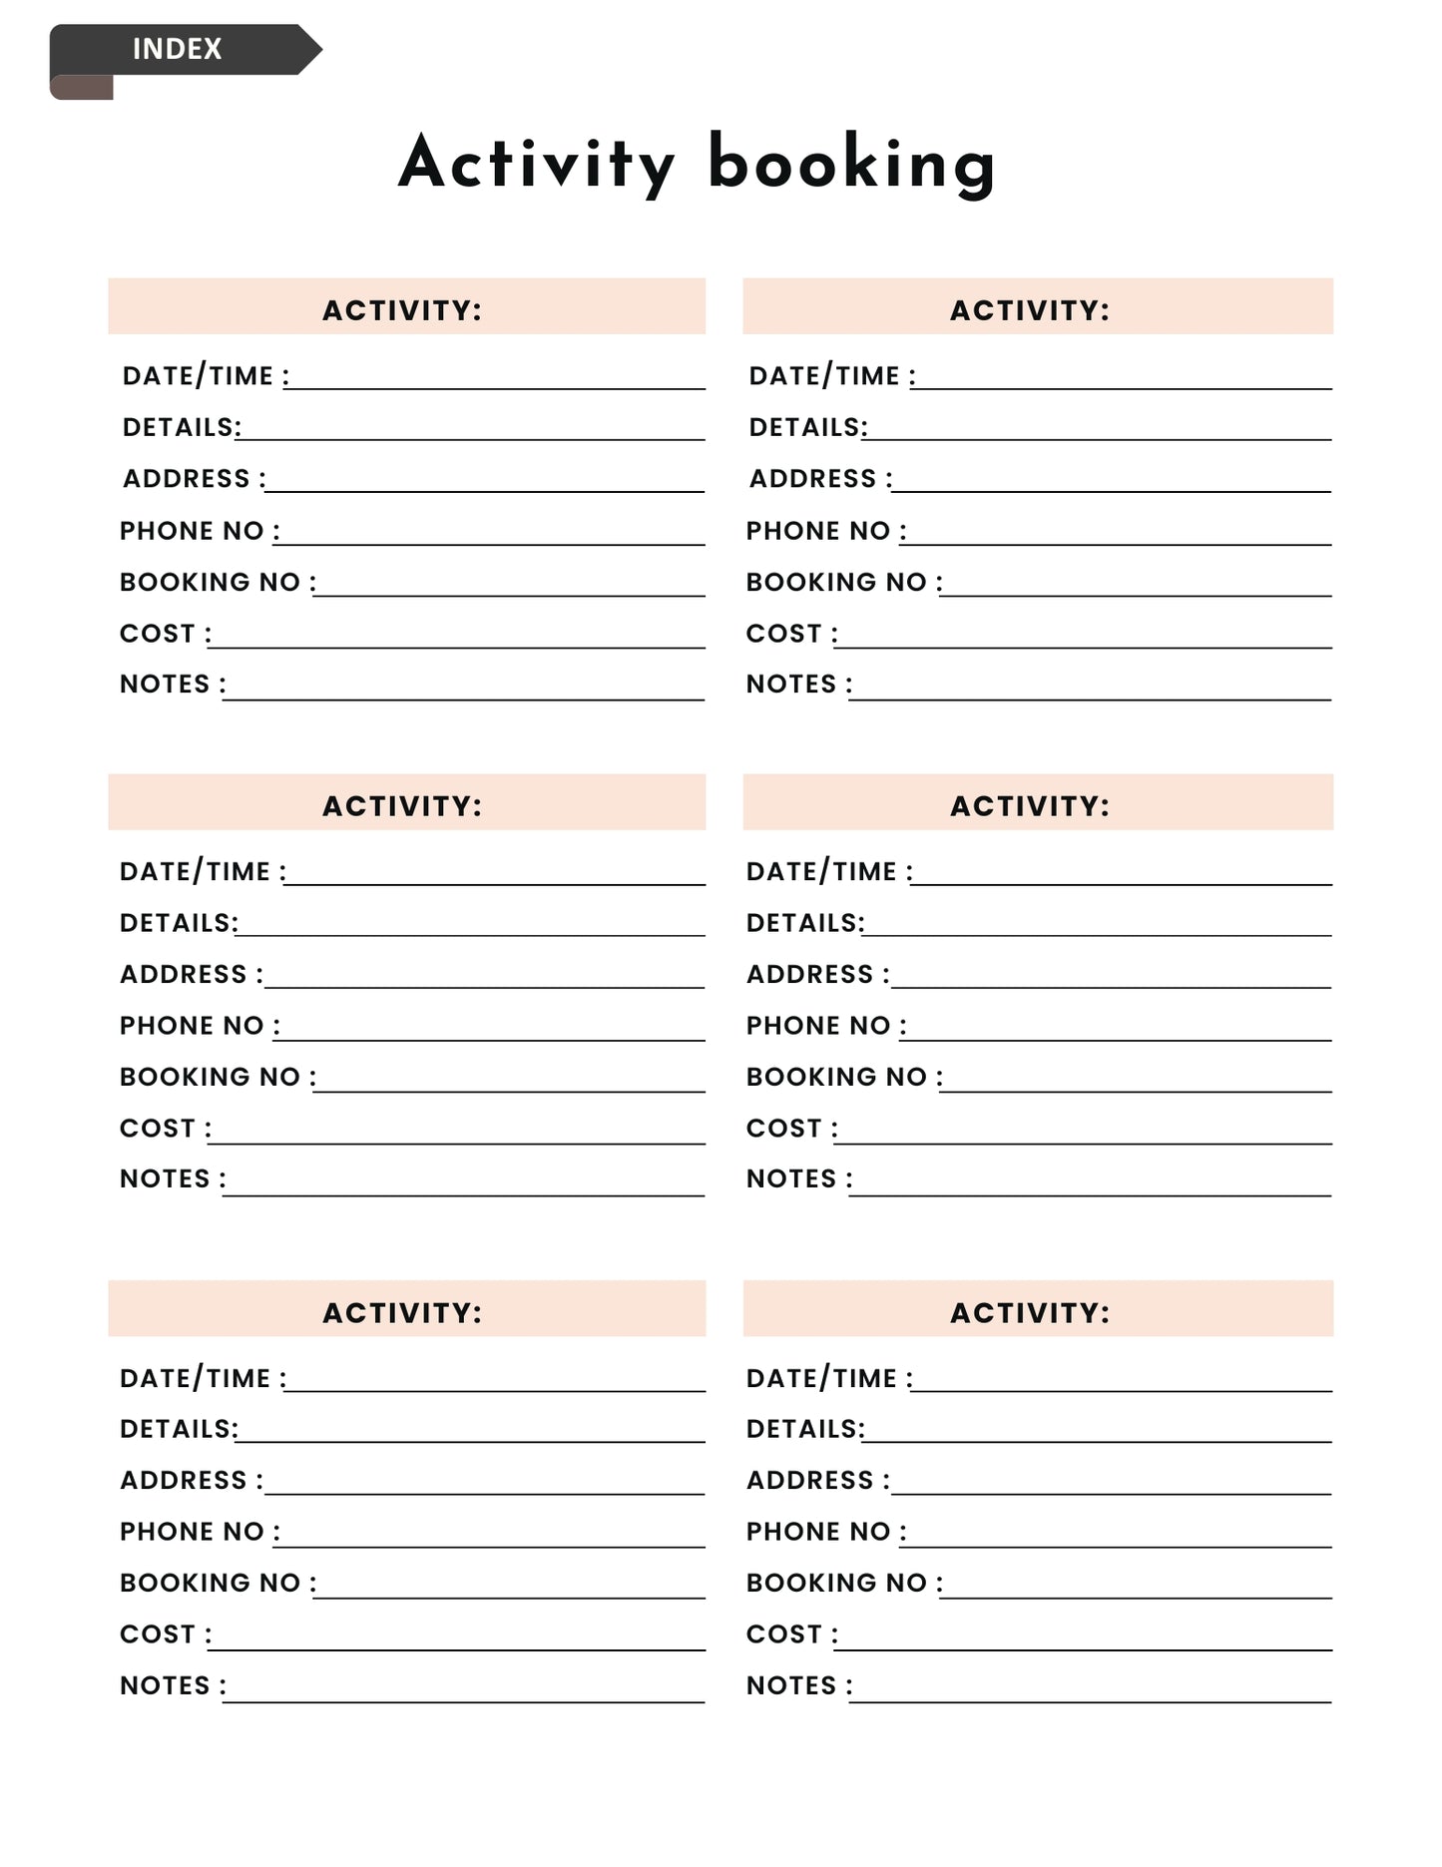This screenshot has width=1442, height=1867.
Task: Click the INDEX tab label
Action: [x=177, y=49]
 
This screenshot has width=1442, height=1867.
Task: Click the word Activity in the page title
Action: [x=536, y=164]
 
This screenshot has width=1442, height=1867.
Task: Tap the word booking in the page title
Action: [x=851, y=164]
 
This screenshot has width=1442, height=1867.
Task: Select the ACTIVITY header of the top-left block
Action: [x=402, y=310]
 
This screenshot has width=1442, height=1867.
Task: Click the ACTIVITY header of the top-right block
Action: [x=1029, y=310]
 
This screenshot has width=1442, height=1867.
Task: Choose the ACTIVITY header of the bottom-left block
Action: [x=402, y=1312]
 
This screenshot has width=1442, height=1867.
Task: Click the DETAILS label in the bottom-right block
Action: [x=804, y=1429]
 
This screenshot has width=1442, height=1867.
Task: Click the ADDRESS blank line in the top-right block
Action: [x=1112, y=489]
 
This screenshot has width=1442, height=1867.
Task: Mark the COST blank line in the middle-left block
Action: [x=457, y=1142]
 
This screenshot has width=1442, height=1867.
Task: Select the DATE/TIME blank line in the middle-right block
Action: [x=1122, y=883]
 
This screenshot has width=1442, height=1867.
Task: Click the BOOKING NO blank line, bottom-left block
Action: [x=510, y=1597]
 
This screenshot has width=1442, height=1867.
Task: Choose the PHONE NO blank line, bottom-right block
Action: [x=1117, y=1546]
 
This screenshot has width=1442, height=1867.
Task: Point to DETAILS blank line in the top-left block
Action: [x=471, y=437]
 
